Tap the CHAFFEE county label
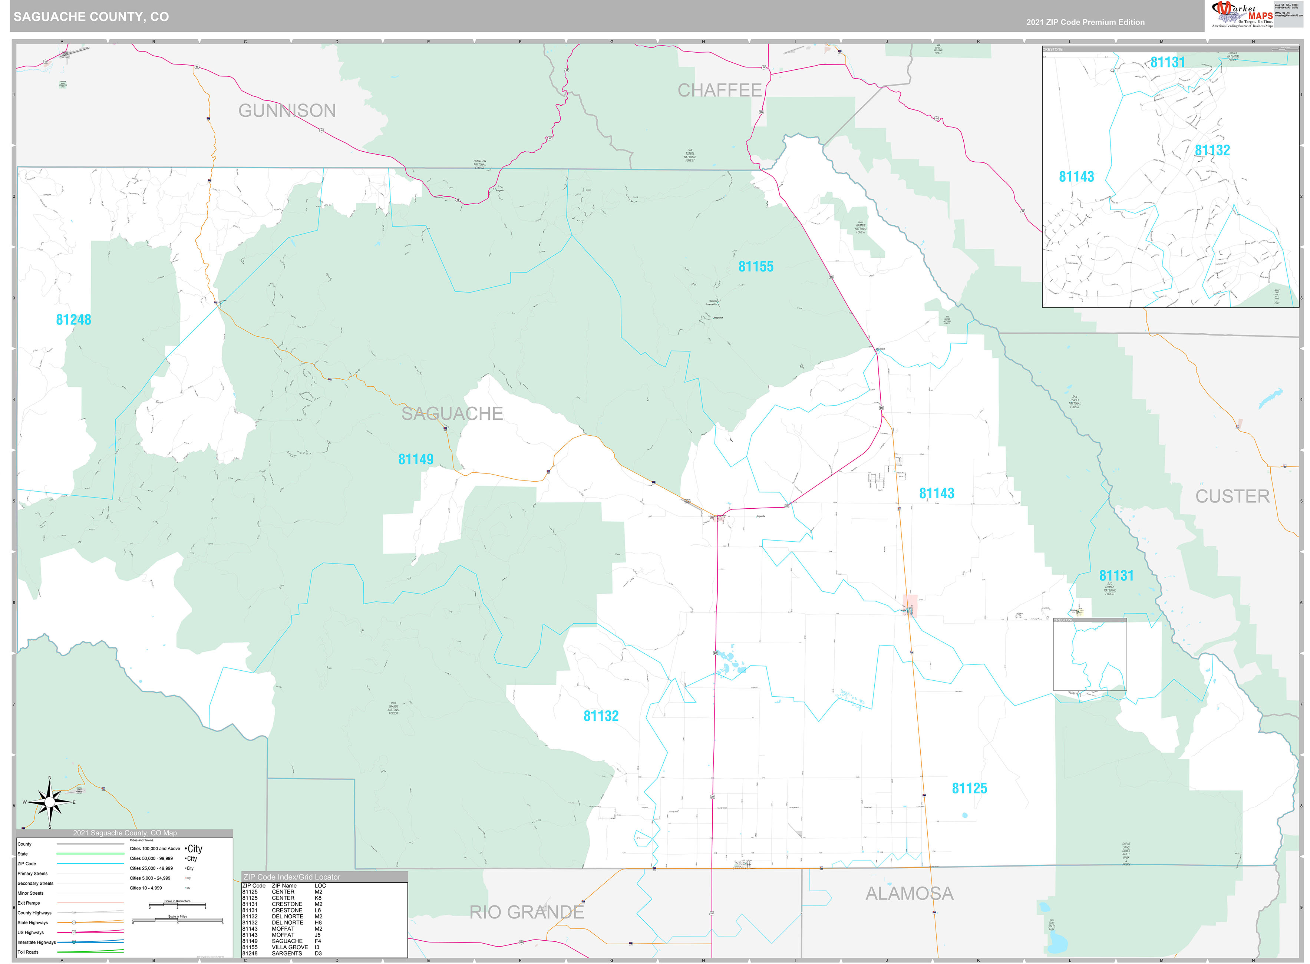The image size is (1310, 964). click(x=719, y=90)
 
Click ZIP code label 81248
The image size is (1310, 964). click(x=73, y=320)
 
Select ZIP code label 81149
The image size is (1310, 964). click(x=415, y=459)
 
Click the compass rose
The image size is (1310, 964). click(x=50, y=802)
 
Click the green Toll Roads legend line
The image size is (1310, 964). click(x=90, y=951)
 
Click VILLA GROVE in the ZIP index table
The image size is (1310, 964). click(x=290, y=947)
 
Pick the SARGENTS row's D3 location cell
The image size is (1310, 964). click(x=318, y=954)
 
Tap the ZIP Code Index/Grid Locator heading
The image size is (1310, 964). click(x=292, y=877)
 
